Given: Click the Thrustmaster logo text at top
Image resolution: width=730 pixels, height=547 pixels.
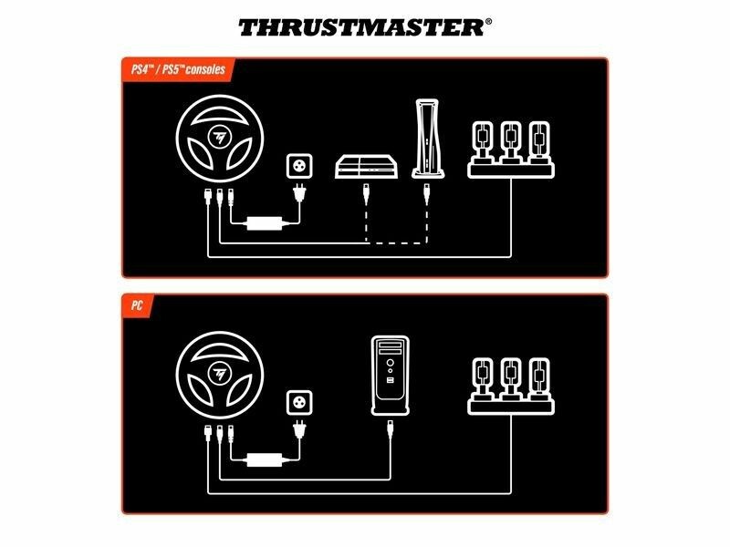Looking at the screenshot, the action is click(361, 28).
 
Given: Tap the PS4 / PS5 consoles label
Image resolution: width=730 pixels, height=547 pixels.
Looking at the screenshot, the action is click(178, 70).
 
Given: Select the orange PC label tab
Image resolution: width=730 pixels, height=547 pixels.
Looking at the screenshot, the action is click(137, 305).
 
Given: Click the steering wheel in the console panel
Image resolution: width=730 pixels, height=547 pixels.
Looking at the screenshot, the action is click(220, 139).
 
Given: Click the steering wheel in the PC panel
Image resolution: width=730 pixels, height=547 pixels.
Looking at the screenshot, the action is click(220, 375).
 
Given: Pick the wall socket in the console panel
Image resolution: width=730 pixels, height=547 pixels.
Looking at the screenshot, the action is click(299, 166).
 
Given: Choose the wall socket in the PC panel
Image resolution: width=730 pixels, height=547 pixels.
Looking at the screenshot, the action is click(299, 402).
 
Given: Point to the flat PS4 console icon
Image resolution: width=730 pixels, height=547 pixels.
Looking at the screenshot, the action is click(367, 167).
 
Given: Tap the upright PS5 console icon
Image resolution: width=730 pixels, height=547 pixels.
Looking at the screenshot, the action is click(427, 139).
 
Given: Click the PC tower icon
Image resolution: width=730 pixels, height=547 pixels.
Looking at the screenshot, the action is click(391, 376).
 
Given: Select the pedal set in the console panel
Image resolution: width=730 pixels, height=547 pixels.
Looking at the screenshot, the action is click(511, 150).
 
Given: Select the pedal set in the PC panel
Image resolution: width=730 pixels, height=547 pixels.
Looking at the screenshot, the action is click(511, 386).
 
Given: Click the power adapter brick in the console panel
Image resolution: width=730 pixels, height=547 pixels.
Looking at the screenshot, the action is click(264, 223).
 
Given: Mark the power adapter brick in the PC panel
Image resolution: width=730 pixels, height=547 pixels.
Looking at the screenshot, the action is click(264, 459).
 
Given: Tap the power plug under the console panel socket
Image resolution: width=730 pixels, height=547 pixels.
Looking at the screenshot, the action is click(299, 193).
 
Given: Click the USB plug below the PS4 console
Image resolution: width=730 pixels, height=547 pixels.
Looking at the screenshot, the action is click(366, 193).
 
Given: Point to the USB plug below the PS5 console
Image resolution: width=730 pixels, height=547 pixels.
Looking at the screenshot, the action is click(426, 193).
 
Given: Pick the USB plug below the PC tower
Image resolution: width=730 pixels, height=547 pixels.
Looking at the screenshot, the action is click(391, 428).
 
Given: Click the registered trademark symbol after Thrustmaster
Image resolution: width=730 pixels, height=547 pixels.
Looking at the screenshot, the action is click(488, 21).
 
